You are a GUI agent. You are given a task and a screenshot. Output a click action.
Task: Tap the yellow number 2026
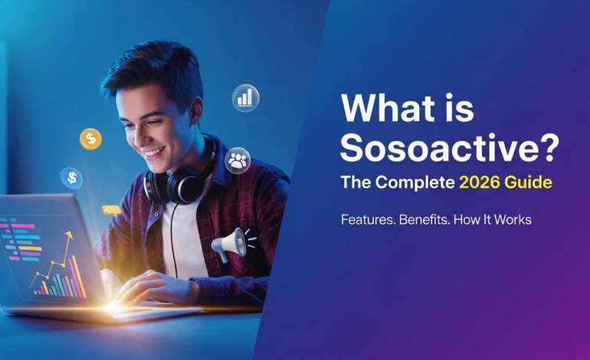click(482, 184)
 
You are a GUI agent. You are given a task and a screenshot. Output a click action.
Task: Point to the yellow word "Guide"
click(529, 184)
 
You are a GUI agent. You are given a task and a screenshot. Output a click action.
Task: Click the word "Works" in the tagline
click(513, 220)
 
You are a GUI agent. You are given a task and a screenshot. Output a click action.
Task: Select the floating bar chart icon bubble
click(245, 97)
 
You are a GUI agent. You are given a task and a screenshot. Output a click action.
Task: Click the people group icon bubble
click(238, 160)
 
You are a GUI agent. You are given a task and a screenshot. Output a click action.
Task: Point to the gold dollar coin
click(90, 139)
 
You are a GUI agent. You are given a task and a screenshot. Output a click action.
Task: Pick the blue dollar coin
click(72, 178)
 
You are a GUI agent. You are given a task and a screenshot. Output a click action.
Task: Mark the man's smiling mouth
click(154, 150)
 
